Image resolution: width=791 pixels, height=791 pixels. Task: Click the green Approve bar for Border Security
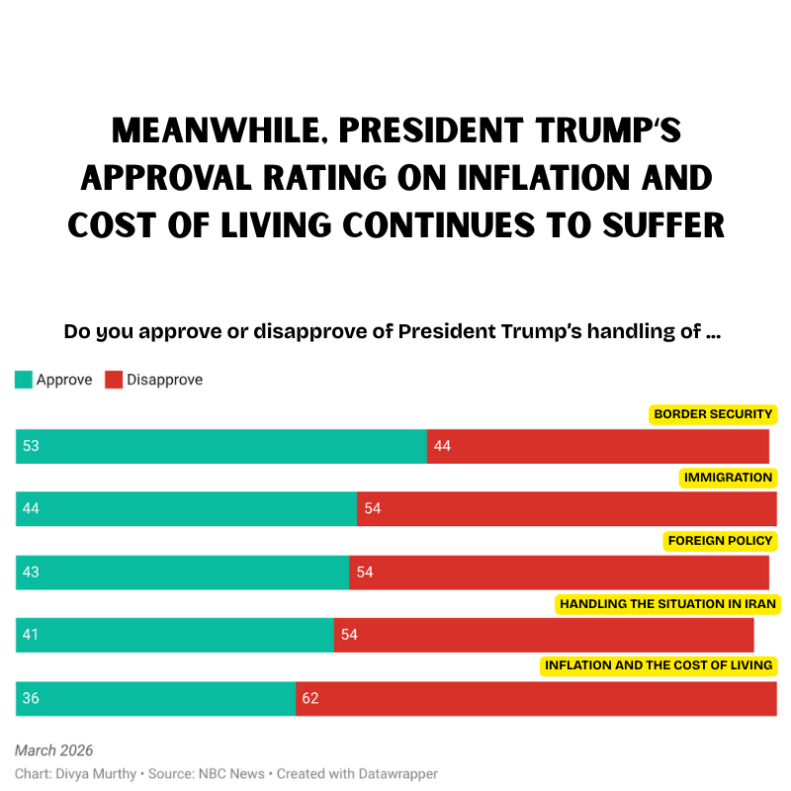point(220,446)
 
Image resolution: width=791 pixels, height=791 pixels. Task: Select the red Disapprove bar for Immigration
point(567,509)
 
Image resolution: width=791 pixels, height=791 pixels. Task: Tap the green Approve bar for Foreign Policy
point(183,572)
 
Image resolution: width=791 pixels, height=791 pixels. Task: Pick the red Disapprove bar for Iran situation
point(544,635)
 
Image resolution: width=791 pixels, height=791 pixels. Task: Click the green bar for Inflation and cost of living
point(156,698)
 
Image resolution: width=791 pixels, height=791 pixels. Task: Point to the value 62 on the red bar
point(310,698)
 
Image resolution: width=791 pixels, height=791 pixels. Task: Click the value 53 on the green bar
point(31,446)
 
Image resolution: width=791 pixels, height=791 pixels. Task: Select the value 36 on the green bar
point(31,698)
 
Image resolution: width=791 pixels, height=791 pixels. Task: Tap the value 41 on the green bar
point(31,635)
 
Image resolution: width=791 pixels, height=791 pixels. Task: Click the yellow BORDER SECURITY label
point(712,414)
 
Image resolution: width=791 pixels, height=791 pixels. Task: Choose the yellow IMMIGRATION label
point(728,478)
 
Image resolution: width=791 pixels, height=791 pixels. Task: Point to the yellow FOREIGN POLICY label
point(720,541)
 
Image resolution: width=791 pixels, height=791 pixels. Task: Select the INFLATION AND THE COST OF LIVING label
point(659,665)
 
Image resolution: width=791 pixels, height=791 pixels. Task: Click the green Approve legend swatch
point(24,380)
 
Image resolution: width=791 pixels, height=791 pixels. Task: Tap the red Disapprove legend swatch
point(114,380)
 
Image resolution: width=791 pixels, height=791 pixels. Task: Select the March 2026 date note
point(53,751)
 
